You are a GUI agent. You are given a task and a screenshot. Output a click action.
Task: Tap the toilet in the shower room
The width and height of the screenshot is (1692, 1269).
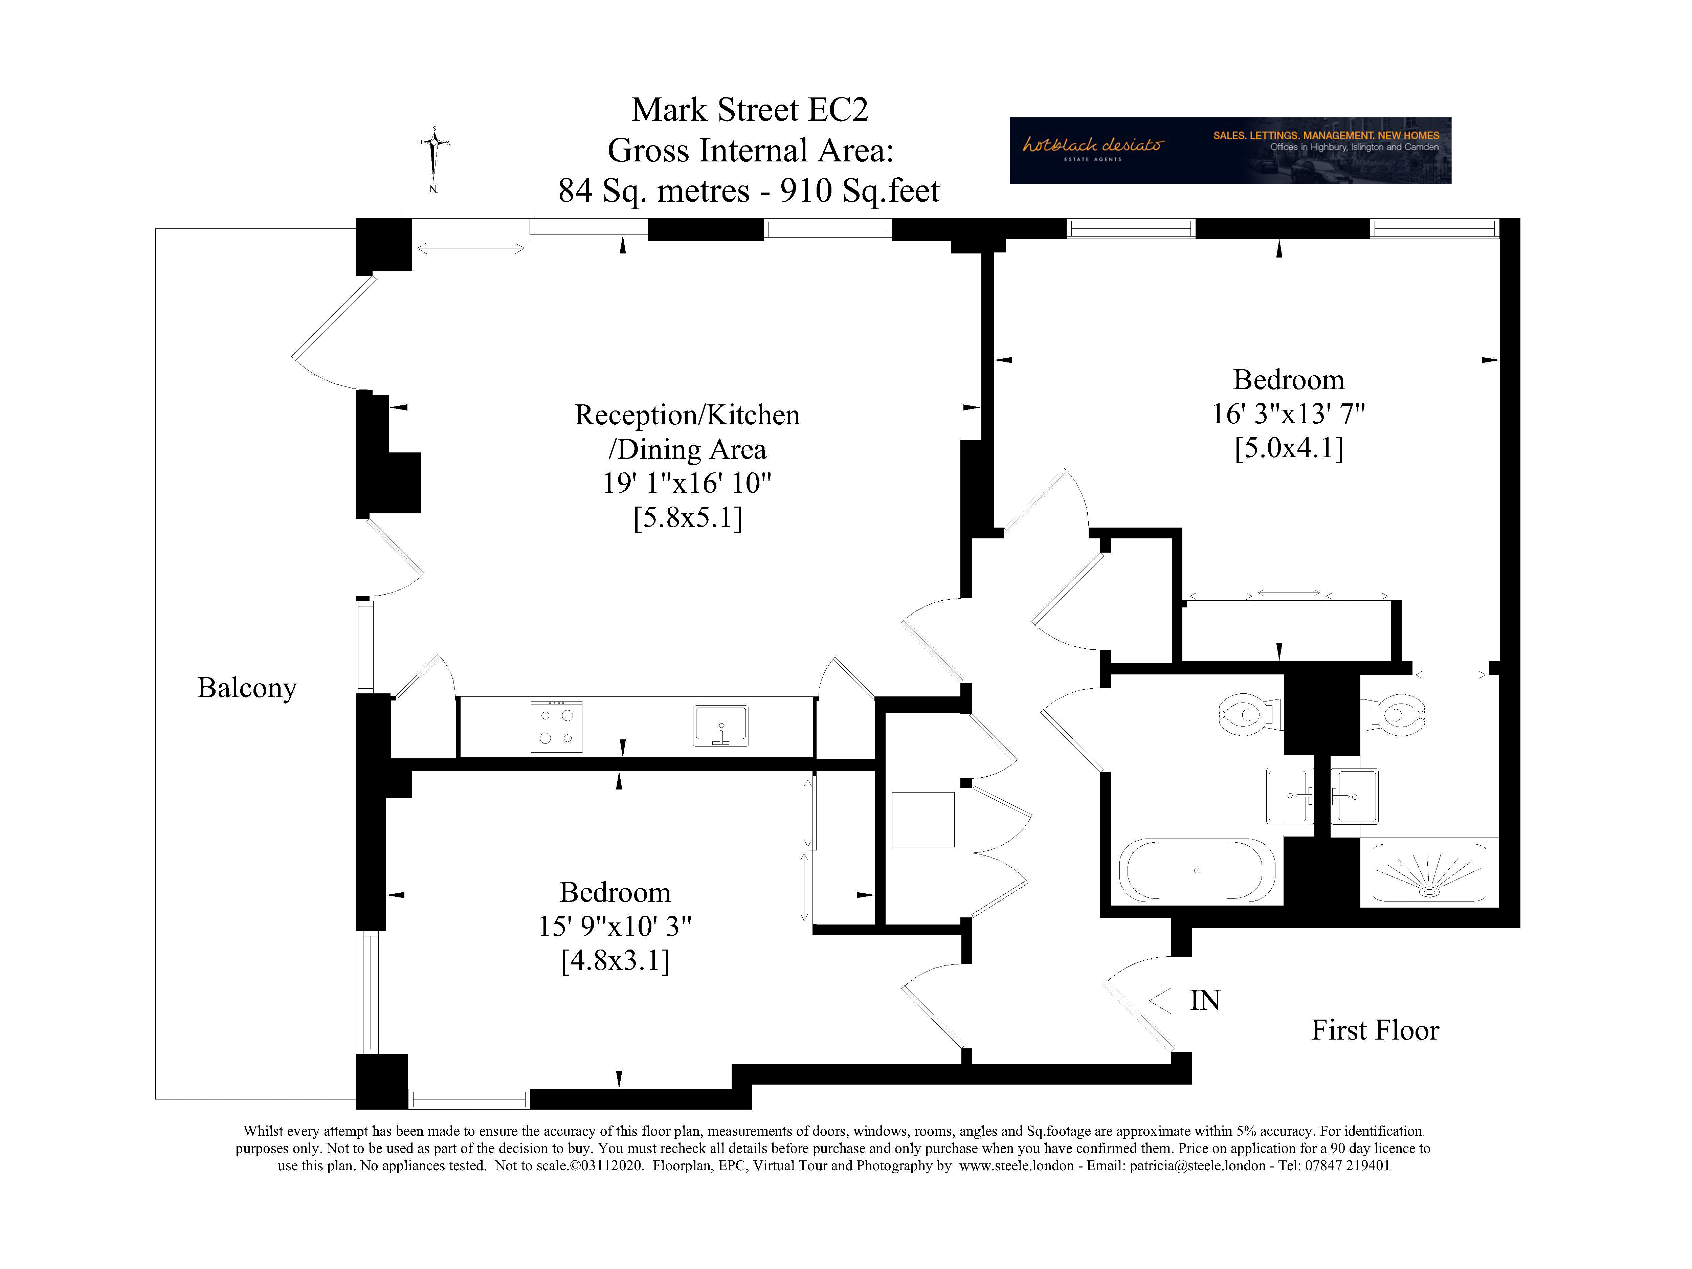[1394, 714]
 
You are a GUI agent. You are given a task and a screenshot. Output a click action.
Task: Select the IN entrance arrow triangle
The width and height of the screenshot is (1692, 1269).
[1161, 1001]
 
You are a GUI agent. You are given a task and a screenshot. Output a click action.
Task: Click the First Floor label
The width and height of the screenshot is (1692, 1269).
[1375, 1030]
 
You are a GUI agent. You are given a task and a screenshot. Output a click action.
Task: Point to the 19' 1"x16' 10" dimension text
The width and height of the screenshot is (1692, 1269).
[687, 484]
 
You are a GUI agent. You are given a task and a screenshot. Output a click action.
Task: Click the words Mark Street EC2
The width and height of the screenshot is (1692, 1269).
[750, 110]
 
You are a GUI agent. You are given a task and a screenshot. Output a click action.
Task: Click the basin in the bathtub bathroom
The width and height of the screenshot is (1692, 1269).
[1290, 796]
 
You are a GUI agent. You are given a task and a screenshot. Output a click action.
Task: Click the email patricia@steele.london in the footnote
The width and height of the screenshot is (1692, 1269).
[1197, 1166]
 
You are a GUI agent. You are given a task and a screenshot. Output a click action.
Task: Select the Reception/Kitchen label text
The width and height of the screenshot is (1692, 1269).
[687, 415]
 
